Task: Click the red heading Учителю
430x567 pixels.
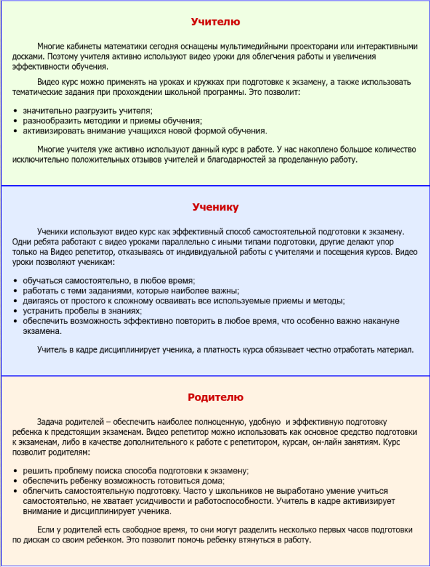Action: (x=215, y=22)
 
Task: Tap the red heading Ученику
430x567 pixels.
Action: (x=215, y=207)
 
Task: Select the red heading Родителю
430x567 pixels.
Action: (x=215, y=397)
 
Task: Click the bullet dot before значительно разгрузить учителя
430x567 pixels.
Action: (x=15, y=111)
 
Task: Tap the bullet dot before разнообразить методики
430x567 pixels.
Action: (x=15, y=121)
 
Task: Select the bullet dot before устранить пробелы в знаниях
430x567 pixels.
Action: (x=15, y=311)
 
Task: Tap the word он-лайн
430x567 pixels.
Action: (x=346, y=442)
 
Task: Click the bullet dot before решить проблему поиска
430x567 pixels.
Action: (x=15, y=471)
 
